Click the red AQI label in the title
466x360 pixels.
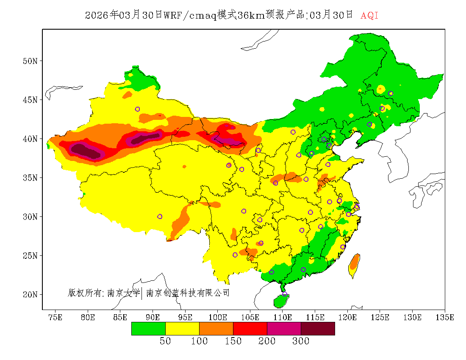click(x=369, y=16)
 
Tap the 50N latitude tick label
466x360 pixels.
click(x=30, y=61)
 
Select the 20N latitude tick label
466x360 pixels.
click(x=30, y=294)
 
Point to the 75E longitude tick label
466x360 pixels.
click(x=55, y=317)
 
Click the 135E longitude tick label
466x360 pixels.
click(x=445, y=317)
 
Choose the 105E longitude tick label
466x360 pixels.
click(x=250, y=317)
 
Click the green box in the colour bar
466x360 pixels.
click(x=148, y=329)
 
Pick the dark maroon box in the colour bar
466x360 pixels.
click(x=318, y=329)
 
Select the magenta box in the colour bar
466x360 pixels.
click(x=284, y=329)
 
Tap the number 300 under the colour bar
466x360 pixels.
click(x=301, y=341)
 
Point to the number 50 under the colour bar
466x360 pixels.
click(x=165, y=341)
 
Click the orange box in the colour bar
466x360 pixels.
click(x=216, y=329)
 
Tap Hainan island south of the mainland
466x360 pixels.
click(x=281, y=301)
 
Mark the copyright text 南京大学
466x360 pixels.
click(x=123, y=293)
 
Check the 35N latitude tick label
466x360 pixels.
click(x=30, y=178)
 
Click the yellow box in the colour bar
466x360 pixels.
click(x=182, y=329)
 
